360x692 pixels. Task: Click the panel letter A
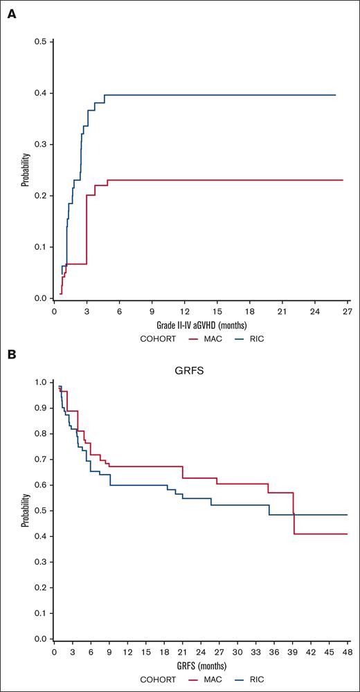pyautogui.click(x=11, y=16)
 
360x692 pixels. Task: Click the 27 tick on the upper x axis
pyautogui.click(x=347, y=311)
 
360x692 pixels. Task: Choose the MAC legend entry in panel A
pyautogui.click(x=220, y=340)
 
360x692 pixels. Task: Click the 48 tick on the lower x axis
pyautogui.click(x=347, y=652)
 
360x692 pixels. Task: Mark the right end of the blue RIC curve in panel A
pyautogui.click(x=335, y=95)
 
